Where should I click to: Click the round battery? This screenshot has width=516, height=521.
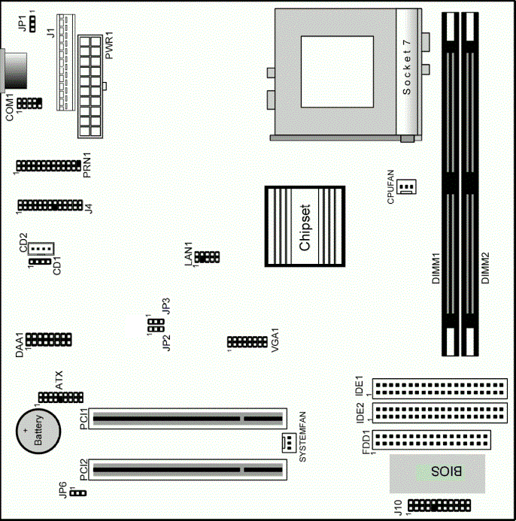tap(38, 431)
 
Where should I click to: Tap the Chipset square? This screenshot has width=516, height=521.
tap(305, 226)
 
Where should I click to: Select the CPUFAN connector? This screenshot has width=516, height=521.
tap(406, 186)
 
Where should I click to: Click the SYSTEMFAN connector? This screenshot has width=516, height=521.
tap(289, 443)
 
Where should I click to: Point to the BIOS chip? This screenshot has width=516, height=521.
tap(437, 474)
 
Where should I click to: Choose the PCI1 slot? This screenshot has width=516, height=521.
tap(188, 419)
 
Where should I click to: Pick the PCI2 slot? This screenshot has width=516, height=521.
tap(188, 470)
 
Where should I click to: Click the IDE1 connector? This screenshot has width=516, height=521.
tap(440, 389)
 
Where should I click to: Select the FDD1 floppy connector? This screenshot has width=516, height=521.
tap(432, 440)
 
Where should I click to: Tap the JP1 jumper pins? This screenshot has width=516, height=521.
tap(32, 23)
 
